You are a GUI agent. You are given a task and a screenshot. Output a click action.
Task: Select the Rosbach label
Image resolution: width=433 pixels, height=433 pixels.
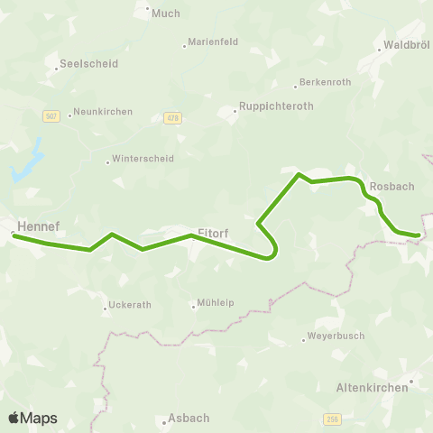point(392,186)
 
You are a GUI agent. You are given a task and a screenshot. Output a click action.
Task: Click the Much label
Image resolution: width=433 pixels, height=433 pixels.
point(166,14)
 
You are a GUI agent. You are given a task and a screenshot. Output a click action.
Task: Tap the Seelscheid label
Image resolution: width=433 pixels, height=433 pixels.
point(88,64)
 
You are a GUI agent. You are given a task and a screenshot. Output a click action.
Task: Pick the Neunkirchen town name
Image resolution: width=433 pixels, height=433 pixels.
point(104,112)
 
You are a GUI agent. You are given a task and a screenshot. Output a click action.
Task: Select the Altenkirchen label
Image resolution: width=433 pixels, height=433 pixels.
point(372,385)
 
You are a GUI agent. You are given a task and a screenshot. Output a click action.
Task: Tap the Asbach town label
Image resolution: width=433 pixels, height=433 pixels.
point(189,418)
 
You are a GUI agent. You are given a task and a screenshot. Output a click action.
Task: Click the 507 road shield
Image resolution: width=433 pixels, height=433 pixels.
point(51,116)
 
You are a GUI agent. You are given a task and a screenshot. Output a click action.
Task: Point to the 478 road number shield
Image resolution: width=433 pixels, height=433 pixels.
point(173,117)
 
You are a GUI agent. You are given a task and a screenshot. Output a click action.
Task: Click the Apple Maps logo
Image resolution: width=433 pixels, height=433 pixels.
point(32,418)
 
